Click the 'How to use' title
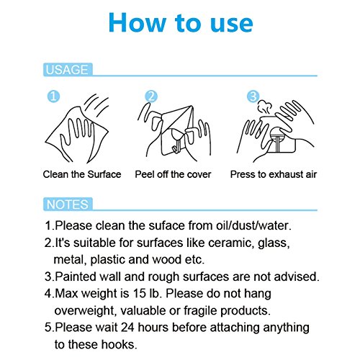[x=181, y=22]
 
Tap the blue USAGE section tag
[x=68, y=70]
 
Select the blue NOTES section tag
[x=68, y=204]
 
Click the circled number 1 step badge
[x=53, y=96]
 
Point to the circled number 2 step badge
[x=151, y=96]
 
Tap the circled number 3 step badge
[x=253, y=96]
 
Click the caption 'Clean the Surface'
[x=82, y=174]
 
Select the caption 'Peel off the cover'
[x=173, y=174]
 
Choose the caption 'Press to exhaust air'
[x=274, y=174]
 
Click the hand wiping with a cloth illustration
[x=77, y=128]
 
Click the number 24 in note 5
[x=127, y=328]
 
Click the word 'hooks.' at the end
[x=119, y=344]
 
